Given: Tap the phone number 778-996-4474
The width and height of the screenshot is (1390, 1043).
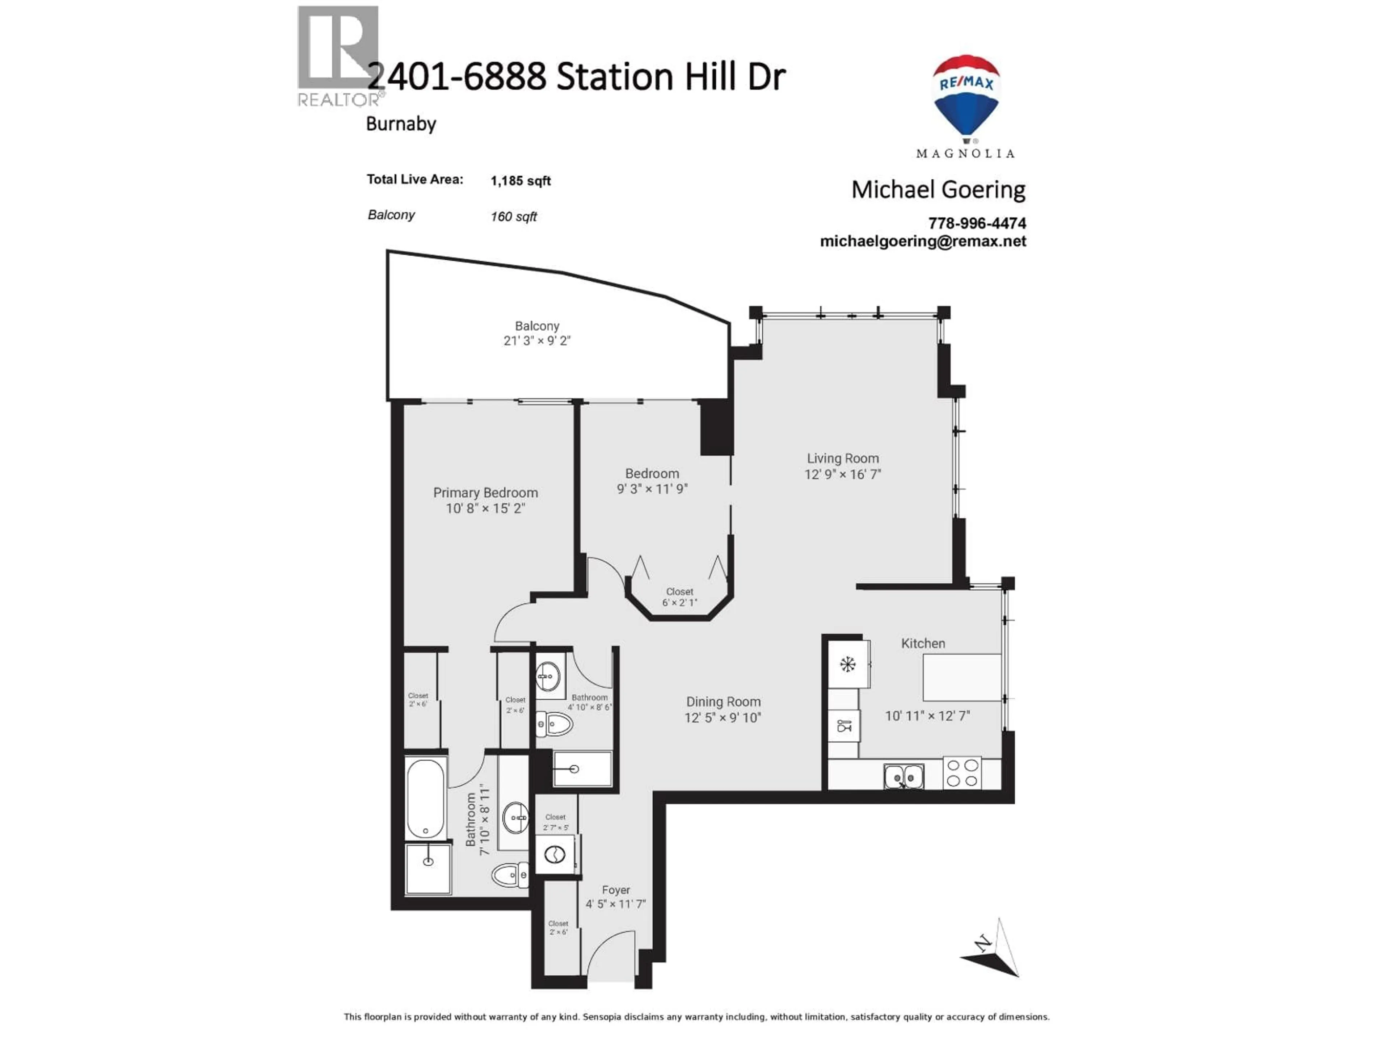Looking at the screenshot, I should pyautogui.click(x=977, y=223).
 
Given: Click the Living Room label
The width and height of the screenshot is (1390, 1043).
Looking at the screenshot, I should pyautogui.click(x=843, y=459).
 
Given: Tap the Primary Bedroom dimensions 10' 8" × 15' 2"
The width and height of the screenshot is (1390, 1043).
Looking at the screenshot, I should pyautogui.click(x=485, y=508).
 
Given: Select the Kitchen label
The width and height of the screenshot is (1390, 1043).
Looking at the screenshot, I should pyautogui.click(x=922, y=643).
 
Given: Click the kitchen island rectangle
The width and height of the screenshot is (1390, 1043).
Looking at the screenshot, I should pyautogui.click(x=961, y=677).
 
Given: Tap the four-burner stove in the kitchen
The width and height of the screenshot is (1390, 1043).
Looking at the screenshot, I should pyautogui.click(x=962, y=773).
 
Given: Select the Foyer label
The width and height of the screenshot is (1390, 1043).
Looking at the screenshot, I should pyautogui.click(x=615, y=890).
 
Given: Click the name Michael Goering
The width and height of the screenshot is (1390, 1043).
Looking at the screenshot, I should pyautogui.click(x=938, y=190).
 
